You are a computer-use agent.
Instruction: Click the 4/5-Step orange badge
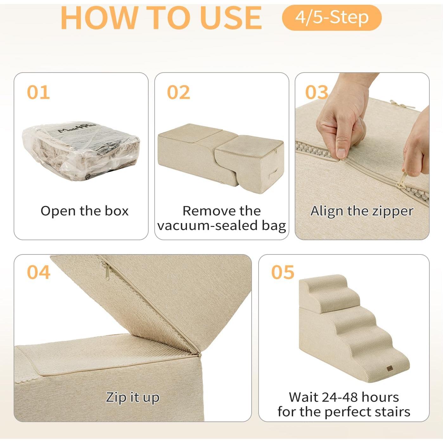(x=331, y=17)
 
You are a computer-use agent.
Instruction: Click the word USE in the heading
(x=231, y=18)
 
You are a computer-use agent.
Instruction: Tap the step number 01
(x=38, y=92)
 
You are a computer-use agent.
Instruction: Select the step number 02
(x=178, y=92)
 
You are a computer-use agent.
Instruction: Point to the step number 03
(x=316, y=92)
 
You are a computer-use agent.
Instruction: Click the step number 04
(x=38, y=272)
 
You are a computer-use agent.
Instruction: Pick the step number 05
(x=283, y=272)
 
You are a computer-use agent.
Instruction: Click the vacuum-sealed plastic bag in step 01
(x=81, y=151)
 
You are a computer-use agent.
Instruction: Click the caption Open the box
(x=85, y=211)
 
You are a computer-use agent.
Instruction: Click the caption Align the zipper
(x=362, y=211)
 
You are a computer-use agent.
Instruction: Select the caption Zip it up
(x=132, y=397)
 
